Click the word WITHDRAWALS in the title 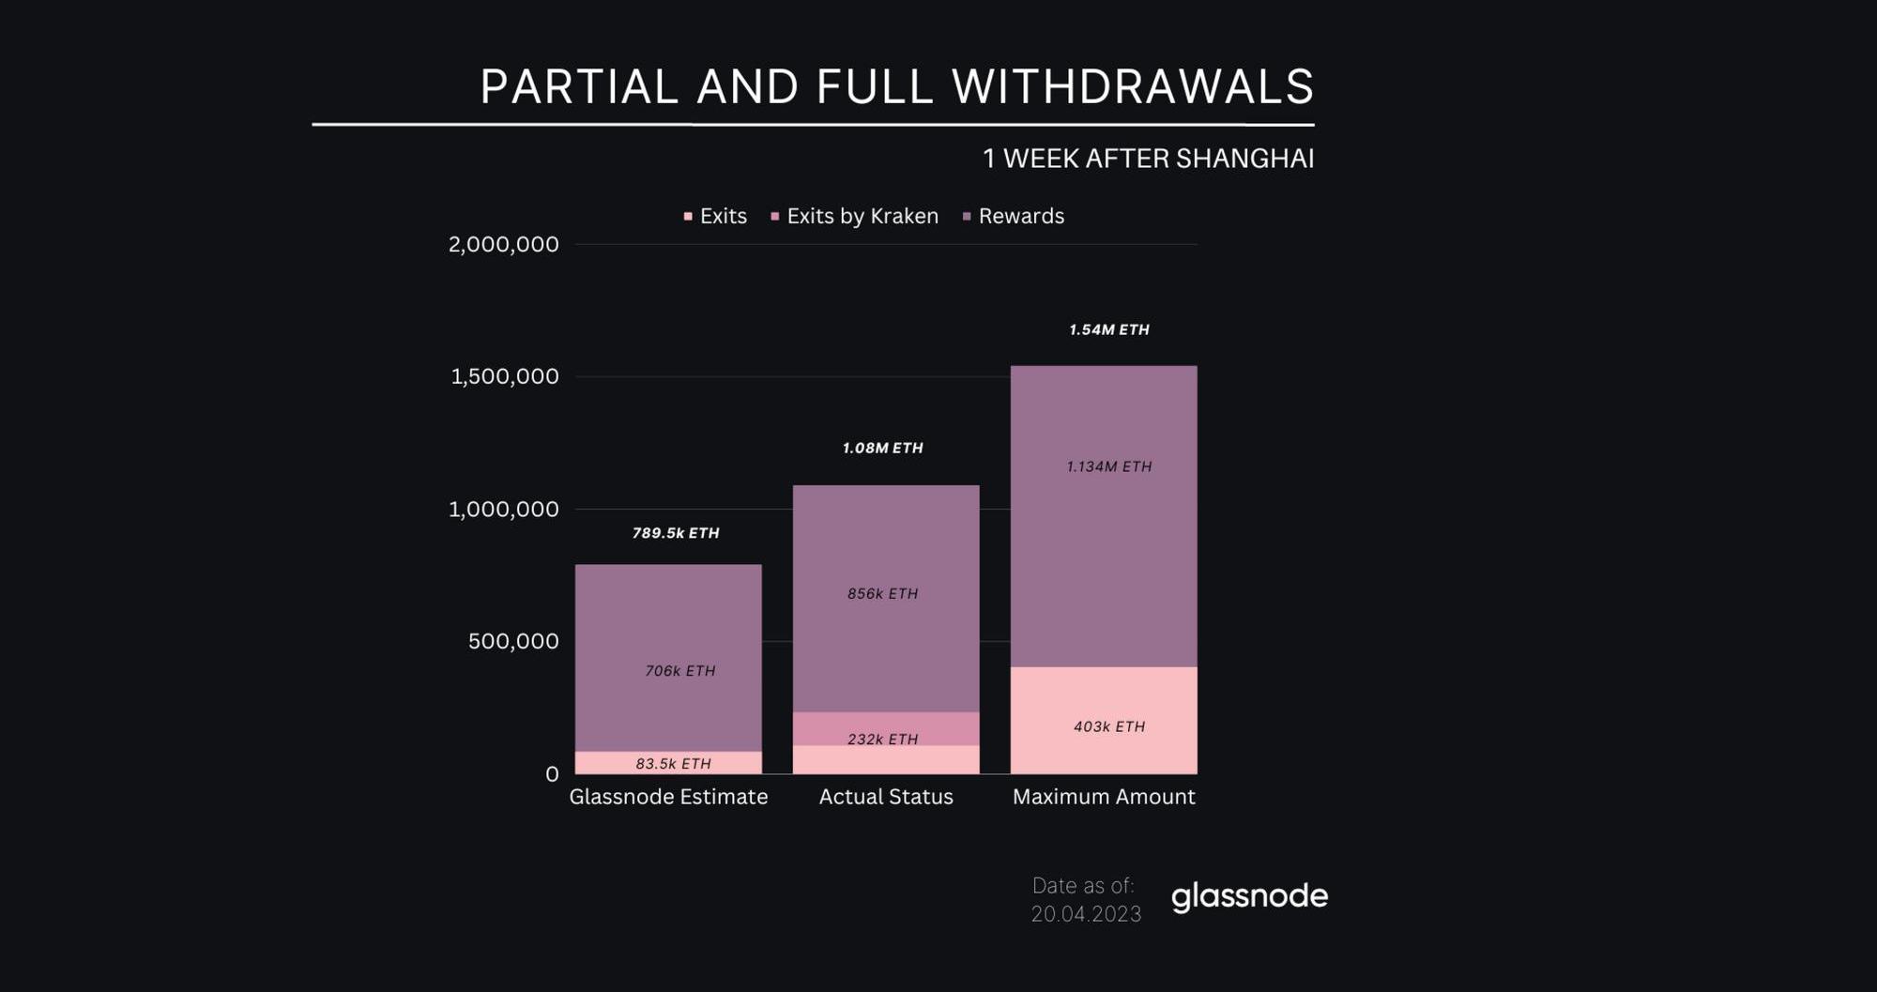pos(1132,87)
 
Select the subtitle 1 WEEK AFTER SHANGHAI pos(1148,159)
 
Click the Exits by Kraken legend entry pos(862,216)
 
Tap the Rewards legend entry pos(1020,216)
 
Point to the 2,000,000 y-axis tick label pos(503,244)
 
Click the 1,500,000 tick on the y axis pos(504,376)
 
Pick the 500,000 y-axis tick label pos(513,641)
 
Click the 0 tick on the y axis pos(552,774)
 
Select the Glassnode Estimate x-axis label pos(668,797)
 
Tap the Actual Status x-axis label pos(886,797)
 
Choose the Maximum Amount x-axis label pos(1104,797)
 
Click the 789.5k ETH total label pos(676,533)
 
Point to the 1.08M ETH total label pos(882,449)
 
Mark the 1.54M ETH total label pos(1108,329)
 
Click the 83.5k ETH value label pos(673,764)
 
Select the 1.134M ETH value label pos(1108,466)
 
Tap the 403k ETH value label pos(1108,726)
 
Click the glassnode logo pos(1249,897)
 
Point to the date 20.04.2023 pos(1086,914)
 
